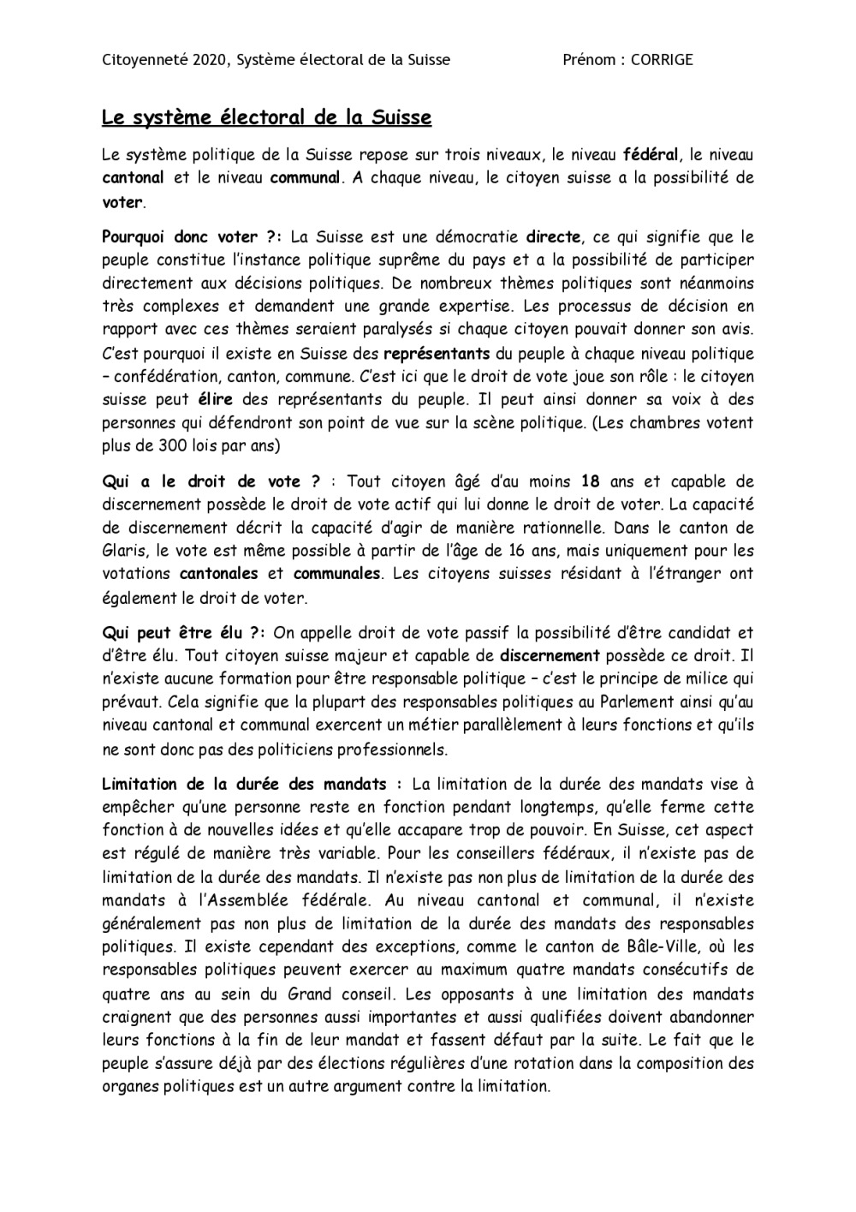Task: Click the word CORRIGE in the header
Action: point(662,60)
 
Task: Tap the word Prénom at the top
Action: point(589,60)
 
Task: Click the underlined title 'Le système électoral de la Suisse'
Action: point(266,117)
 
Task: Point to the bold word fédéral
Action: point(651,156)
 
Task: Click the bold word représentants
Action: point(437,354)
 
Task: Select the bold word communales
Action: point(336,574)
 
